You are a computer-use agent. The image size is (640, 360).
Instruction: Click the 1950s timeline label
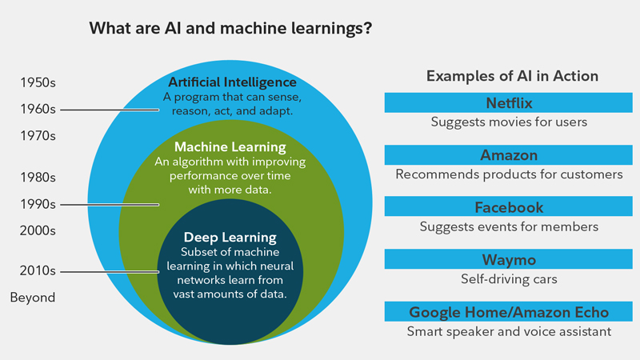point(38,82)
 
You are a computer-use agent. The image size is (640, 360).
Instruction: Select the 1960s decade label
point(38,109)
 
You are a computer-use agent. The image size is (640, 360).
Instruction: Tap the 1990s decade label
point(38,204)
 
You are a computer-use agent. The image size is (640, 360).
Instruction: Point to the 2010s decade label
point(38,270)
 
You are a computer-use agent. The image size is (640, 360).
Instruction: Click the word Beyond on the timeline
point(33,298)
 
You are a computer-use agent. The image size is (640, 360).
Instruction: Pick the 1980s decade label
point(38,177)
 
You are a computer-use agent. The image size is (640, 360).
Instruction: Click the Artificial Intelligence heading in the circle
point(232,82)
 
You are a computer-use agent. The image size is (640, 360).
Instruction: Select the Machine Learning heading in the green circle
point(230,147)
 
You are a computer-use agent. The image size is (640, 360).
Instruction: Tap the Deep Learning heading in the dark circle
point(230,238)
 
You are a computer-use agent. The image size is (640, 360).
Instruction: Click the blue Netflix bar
point(509,103)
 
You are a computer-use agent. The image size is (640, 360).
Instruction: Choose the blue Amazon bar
point(509,155)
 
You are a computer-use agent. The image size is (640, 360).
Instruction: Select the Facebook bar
point(509,207)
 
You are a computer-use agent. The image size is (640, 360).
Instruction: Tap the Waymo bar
point(509,260)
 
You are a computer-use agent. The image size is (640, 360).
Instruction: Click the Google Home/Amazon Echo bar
point(509,312)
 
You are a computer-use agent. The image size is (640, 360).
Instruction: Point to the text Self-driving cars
point(509,280)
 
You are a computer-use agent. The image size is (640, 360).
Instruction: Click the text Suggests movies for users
point(509,122)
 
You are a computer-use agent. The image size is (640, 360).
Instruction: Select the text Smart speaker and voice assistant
point(509,331)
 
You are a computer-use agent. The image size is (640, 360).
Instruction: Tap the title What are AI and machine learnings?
point(230,30)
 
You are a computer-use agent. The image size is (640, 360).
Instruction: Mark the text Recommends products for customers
point(509,174)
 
